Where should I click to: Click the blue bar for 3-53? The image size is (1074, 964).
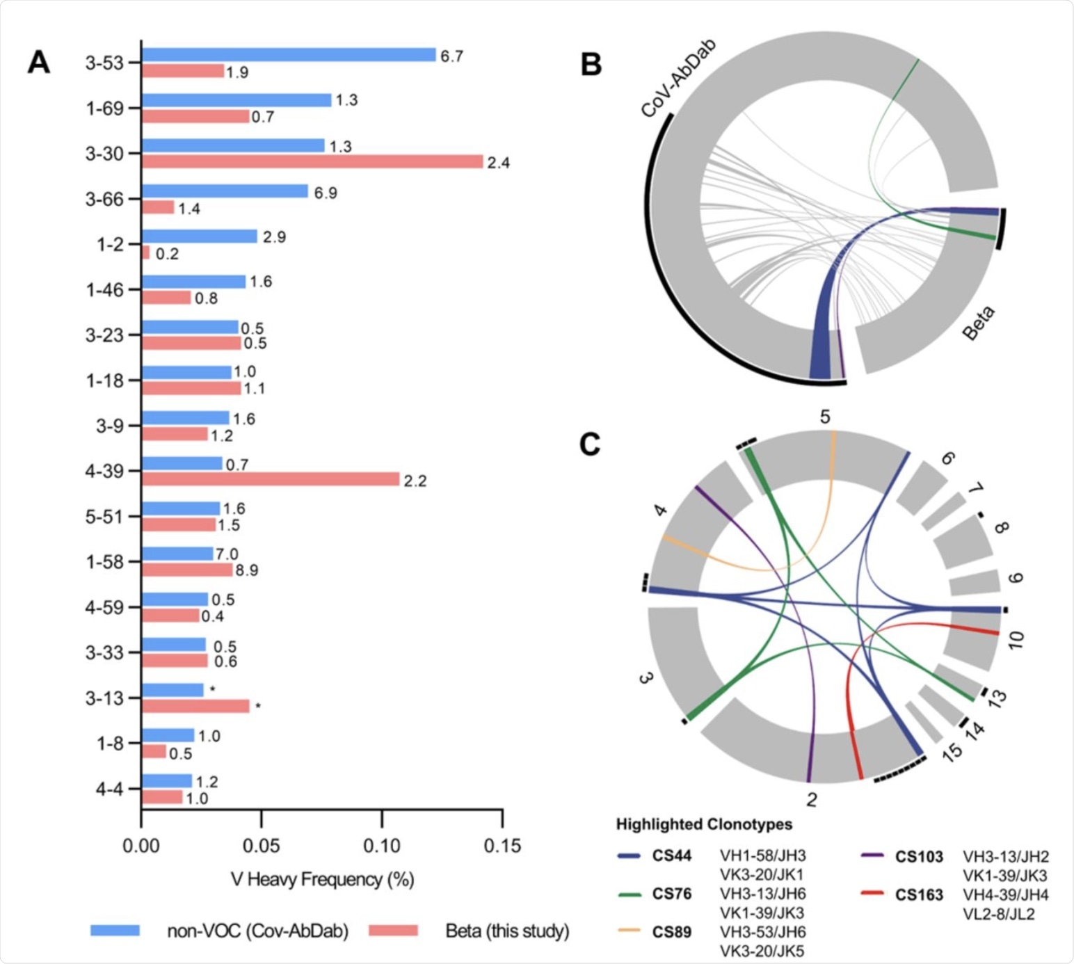289,55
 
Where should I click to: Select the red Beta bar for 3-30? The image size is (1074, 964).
312,161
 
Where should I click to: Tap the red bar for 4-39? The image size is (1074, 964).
271,479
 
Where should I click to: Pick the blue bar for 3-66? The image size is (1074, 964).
225,191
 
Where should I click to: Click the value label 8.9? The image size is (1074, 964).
247,570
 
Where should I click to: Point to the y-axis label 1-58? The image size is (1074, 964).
104,562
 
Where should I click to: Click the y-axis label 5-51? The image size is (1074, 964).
104,517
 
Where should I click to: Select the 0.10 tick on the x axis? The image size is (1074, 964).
382,846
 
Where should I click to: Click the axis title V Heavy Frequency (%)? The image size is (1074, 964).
323,880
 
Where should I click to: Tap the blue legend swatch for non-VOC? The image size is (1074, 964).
115,931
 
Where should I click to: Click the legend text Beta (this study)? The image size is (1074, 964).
507,931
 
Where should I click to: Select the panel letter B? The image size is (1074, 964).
591,65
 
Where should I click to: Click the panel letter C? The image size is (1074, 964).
590,444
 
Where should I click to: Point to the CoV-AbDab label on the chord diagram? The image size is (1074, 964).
678,79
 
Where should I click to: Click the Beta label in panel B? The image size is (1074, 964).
979,323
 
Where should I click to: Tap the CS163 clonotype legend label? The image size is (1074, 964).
919,895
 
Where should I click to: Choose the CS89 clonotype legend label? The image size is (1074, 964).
671,932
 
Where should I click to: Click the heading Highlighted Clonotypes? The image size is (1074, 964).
704,824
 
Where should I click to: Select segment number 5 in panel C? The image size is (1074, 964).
825,417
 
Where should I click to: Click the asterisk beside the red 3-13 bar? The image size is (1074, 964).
258,707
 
